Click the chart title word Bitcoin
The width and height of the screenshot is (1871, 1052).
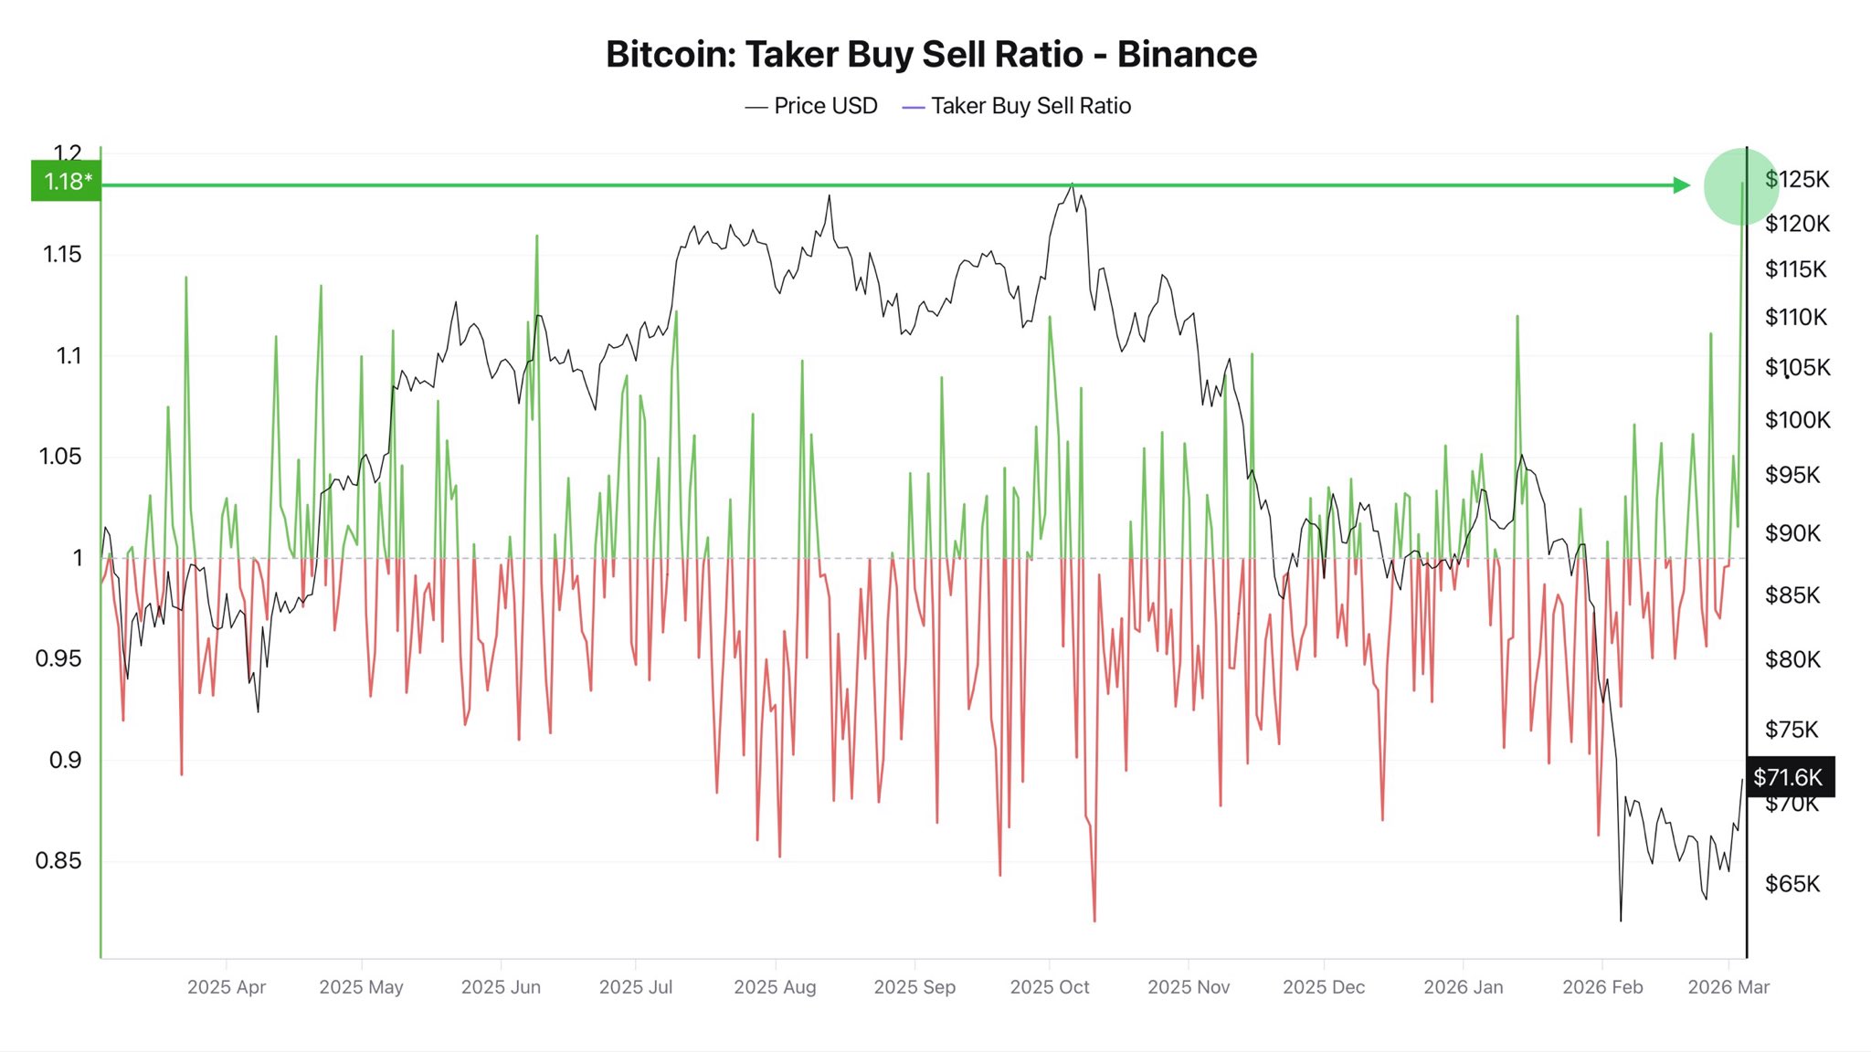[x=671, y=55]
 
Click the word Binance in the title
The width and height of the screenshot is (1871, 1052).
[x=1187, y=55]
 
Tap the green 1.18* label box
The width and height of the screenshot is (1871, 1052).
[x=66, y=182]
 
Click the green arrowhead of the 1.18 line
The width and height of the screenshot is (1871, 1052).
[x=1682, y=185]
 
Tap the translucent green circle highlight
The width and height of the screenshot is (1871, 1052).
[x=1740, y=185]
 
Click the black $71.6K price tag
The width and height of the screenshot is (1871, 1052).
[x=1789, y=777]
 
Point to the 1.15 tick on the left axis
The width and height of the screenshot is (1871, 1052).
[x=62, y=254]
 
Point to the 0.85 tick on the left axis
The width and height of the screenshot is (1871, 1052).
[x=58, y=860]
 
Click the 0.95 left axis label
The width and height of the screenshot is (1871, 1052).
[x=58, y=658]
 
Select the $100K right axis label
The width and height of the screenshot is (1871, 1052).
[x=1797, y=420]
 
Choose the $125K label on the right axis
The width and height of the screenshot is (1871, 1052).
[x=1797, y=179]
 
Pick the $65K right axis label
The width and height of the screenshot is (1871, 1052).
[x=1792, y=883]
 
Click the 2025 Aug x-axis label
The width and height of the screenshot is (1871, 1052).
[x=775, y=987]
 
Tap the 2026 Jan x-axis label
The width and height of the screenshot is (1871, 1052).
[x=1463, y=987]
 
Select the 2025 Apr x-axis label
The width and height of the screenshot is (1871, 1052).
[x=227, y=987]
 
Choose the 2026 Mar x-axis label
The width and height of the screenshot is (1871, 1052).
[x=1728, y=987]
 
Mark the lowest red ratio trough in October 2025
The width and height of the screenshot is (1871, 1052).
[x=1094, y=920]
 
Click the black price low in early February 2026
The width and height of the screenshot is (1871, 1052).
[x=1621, y=919]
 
